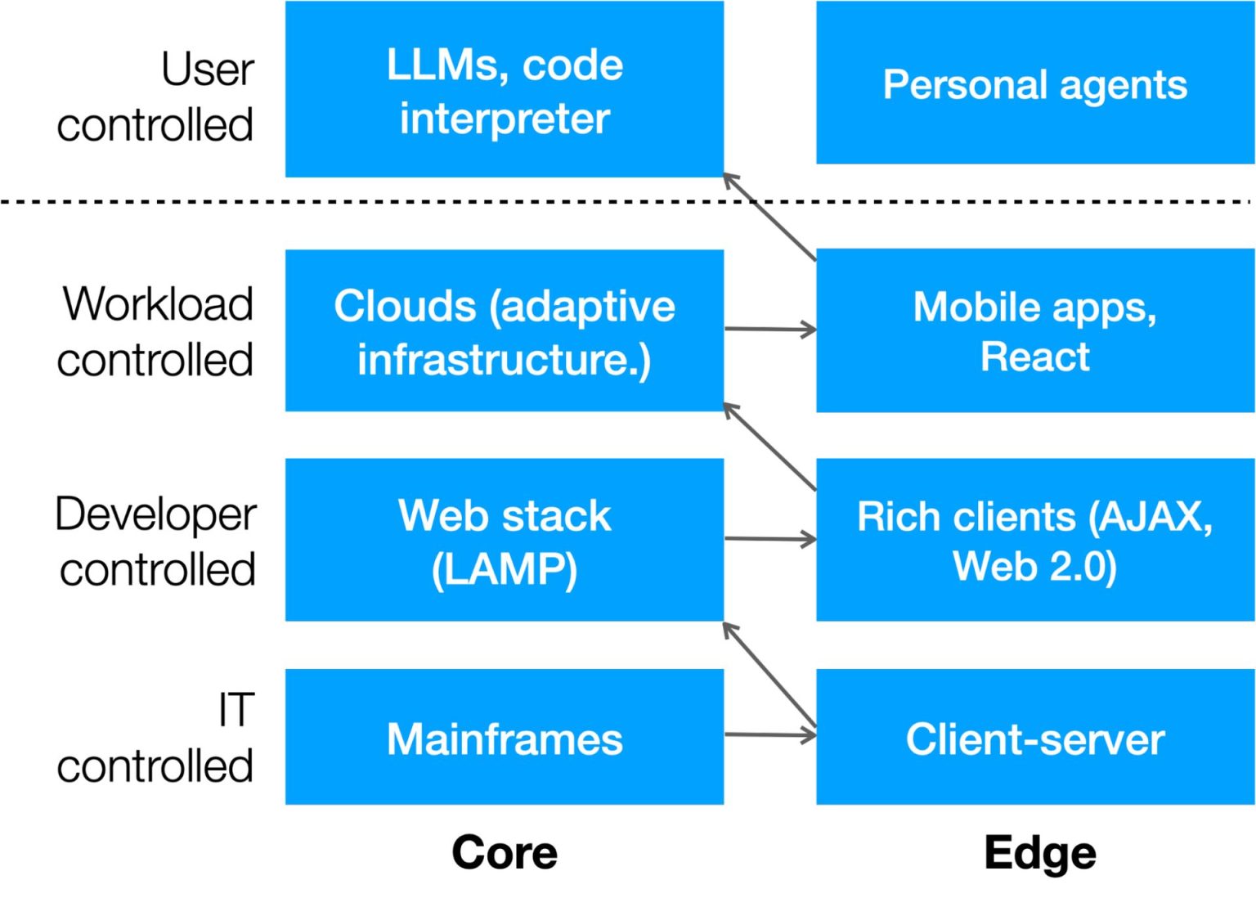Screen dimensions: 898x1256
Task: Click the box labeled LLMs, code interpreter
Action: (504, 89)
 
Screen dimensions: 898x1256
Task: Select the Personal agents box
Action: (1034, 83)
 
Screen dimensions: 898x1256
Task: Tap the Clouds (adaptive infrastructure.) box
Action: (504, 330)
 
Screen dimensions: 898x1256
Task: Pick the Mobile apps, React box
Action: (1034, 330)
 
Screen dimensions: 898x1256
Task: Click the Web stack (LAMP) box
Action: (504, 540)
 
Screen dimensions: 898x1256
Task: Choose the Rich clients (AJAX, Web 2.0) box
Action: (1034, 540)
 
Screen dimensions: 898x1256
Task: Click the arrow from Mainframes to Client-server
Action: (769, 735)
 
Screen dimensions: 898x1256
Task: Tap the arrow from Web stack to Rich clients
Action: (769, 539)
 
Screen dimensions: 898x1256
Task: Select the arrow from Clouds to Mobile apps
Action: (769, 330)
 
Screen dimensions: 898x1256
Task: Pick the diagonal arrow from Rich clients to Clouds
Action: (769, 447)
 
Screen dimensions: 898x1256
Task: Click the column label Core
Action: (504, 853)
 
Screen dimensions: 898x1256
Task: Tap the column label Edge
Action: (1039, 853)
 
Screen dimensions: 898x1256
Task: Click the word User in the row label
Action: (208, 70)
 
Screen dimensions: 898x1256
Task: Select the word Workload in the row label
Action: (158, 304)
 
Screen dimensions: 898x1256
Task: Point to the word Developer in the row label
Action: (155, 515)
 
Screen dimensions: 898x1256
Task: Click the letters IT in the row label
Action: (235, 709)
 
